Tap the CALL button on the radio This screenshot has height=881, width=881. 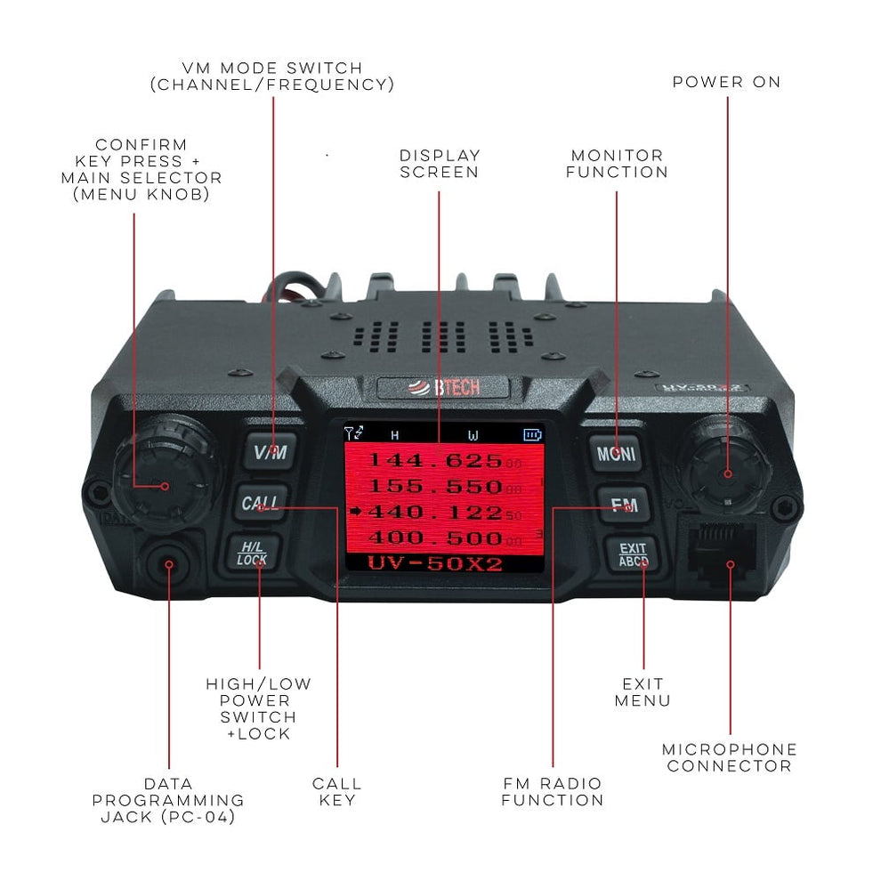[x=261, y=503]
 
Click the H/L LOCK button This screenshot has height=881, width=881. [x=252, y=553]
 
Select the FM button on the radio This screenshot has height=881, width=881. [x=624, y=504]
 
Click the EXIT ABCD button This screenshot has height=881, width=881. [x=633, y=554]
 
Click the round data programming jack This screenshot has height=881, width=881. [x=168, y=565]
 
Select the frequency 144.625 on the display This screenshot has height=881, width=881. [x=436, y=461]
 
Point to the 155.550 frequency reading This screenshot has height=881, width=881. [x=436, y=487]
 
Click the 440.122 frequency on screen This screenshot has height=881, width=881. [x=436, y=513]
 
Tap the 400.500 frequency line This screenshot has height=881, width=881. [x=436, y=538]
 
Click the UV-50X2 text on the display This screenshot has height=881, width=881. [x=437, y=563]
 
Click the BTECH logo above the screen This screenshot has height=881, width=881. [x=442, y=388]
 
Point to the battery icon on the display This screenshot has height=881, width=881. [x=532, y=435]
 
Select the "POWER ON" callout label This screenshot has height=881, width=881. [x=726, y=82]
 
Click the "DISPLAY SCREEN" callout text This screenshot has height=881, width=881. [x=440, y=164]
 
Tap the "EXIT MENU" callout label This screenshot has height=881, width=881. [x=643, y=692]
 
